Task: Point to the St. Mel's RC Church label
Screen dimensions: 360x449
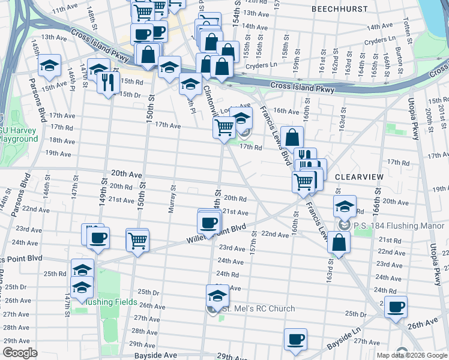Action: [x=259, y=309]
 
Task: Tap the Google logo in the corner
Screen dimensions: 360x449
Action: [x=20, y=353]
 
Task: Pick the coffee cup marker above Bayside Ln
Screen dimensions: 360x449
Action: [x=295, y=339]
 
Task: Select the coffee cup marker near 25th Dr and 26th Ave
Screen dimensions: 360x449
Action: [x=396, y=307]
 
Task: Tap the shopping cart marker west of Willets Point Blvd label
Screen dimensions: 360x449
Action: [x=137, y=240]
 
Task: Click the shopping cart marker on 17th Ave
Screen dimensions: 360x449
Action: [x=224, y=126]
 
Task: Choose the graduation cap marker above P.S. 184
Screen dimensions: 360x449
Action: [x=345, y=206]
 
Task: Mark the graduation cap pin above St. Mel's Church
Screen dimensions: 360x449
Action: [x=217, y=295]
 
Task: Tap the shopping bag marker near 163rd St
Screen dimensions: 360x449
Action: [x=339, y=241]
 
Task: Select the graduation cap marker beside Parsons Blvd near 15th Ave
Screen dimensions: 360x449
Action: [x=49, y=65]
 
